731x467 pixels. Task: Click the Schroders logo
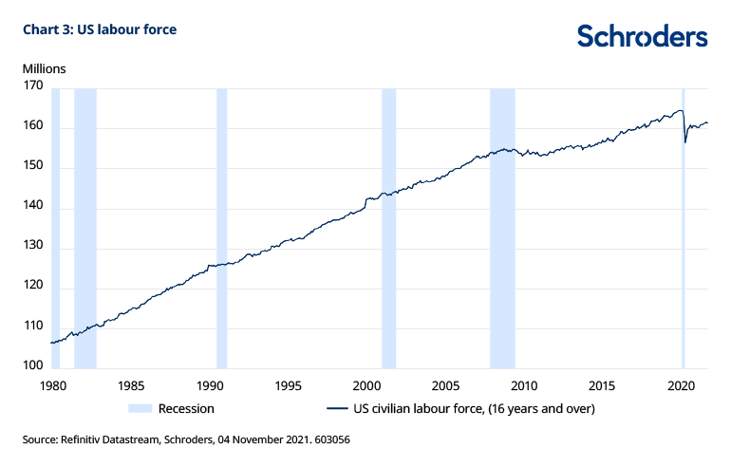coord(642,36)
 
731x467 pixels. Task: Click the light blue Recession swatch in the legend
coord(139,409)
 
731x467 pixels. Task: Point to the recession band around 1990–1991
coord(222,228)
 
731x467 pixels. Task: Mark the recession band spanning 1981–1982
coord(85,228)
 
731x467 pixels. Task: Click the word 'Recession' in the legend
coord(186,409)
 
